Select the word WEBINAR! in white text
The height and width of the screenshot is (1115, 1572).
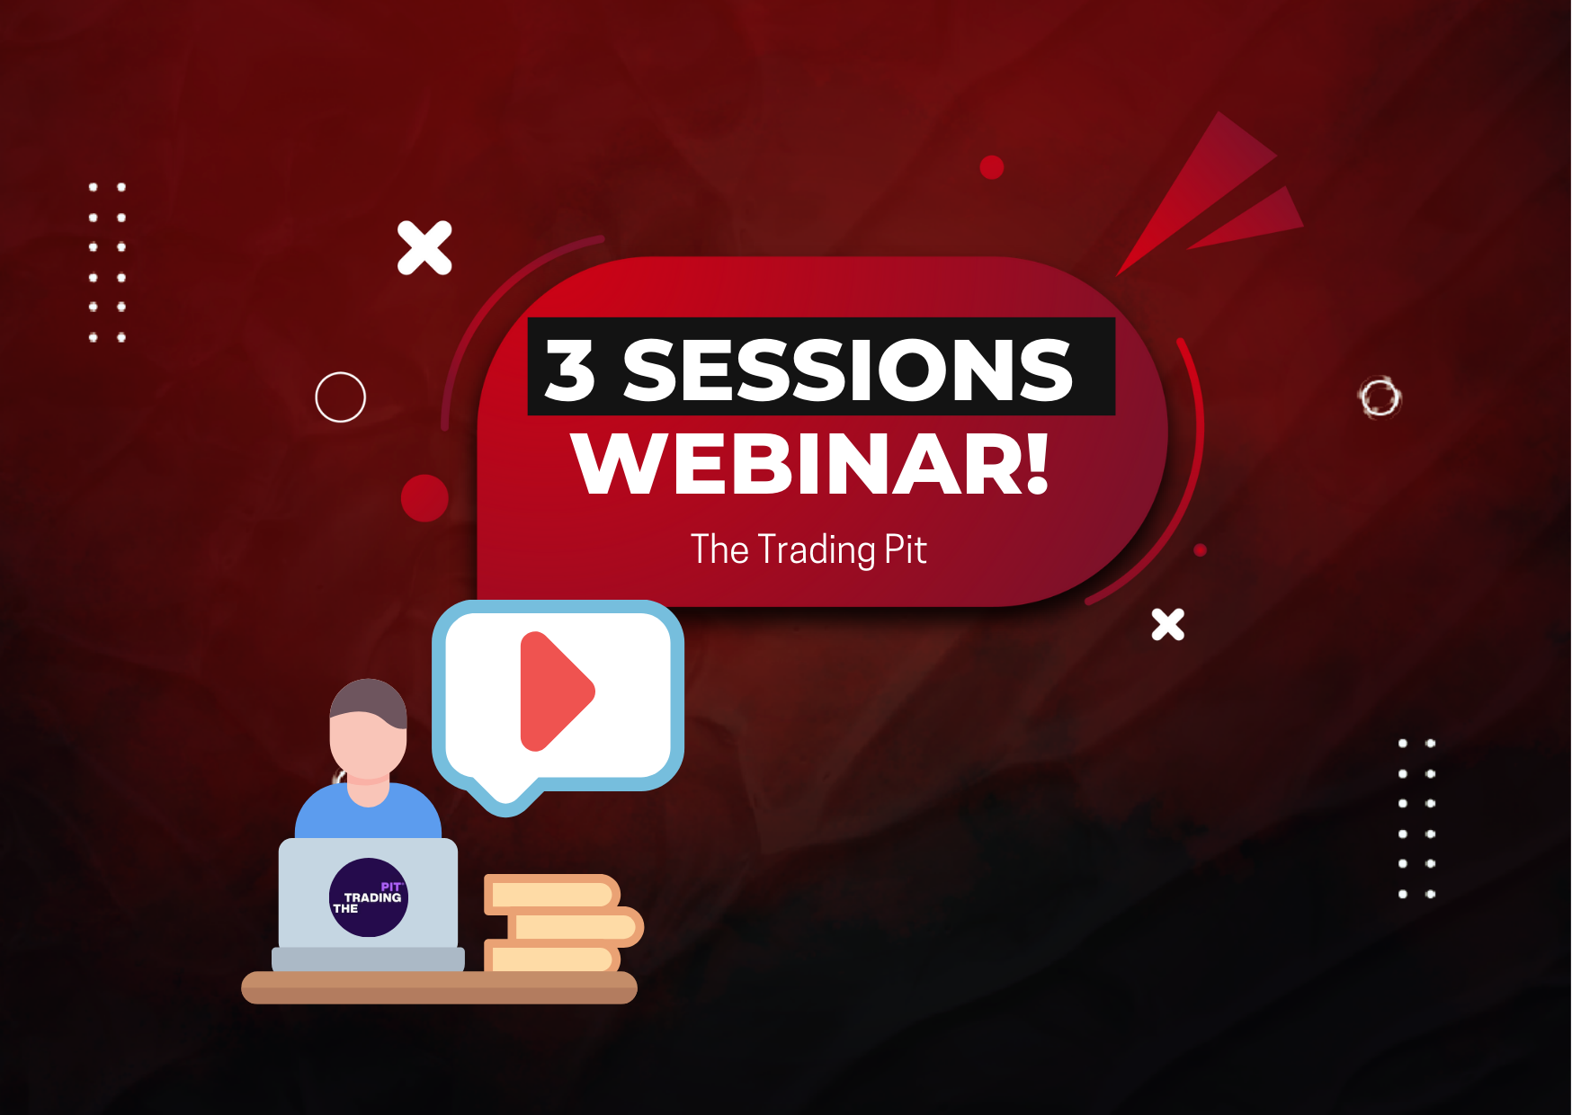[810, 463]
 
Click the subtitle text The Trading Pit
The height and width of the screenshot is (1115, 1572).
[808, 549]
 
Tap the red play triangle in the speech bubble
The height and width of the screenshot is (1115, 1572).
[553, 691]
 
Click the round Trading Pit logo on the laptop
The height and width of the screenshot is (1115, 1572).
[369, 897]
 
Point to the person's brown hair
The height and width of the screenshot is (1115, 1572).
[369, 700]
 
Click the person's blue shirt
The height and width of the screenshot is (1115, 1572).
[368, 814]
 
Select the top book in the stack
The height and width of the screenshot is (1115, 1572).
[552, 894]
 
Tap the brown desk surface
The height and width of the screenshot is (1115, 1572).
[439, 987]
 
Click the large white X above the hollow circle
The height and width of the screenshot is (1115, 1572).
[424, 247]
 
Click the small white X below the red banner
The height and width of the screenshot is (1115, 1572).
[1168, 624]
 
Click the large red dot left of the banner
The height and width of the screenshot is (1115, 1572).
[424, 498]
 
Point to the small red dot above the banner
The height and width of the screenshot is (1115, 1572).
[992, 167]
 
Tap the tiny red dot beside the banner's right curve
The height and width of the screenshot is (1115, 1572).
[1200, 550]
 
